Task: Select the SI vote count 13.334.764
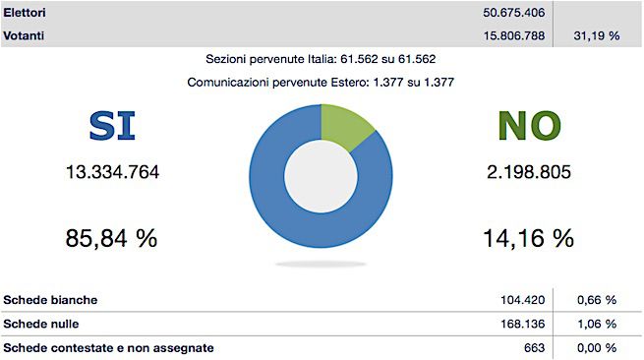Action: coord(112,173)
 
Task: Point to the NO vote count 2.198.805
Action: coord(529,173)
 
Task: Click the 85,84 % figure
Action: coord(111,238)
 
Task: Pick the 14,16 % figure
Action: coord(529,238)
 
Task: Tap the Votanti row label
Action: coord(27,35)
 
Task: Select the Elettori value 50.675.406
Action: coord(509,14)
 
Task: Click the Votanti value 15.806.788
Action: coord(509,35)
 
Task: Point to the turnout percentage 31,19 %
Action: coord(596,35)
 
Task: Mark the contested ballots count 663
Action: coord(535,347)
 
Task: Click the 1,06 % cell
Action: coord(596,324)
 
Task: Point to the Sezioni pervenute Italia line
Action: coord(322,60)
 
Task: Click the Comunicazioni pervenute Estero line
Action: coord(322,82)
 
